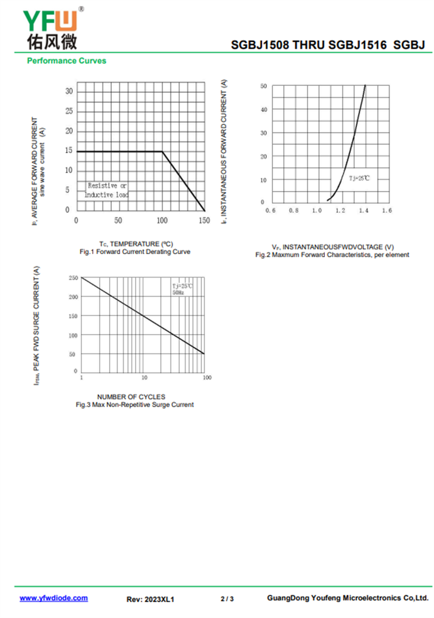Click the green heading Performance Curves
[x=66, y=61]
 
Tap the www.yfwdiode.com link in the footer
[x=54, y=598]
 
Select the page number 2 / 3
[x=227, y=599]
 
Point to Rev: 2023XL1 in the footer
[x=150, y=599]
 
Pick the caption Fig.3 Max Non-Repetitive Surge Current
[x=135, y=405]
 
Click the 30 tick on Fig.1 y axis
[x=69, y=91]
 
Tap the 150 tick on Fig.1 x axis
[x=204, y=220]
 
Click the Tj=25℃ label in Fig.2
[x=359, y=178]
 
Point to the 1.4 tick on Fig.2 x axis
[x=363, y=210]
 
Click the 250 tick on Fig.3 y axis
[x=73, y=278]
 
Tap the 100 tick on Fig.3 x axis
[x=207, y=377]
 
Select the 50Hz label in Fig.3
[x=178, y=293]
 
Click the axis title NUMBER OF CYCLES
[x=131, y=397]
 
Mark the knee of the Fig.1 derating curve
[x=162, y=152]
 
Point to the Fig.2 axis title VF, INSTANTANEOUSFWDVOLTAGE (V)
[x=333, y=247]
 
